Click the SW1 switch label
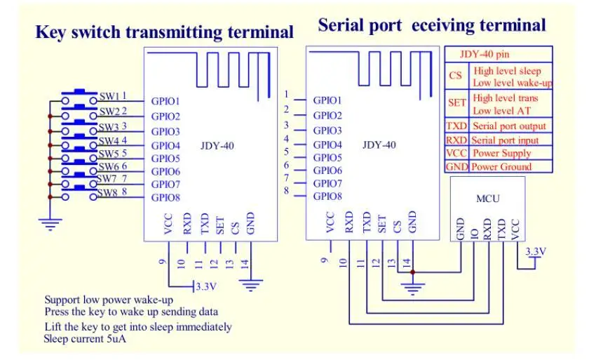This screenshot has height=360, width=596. coord(109,96)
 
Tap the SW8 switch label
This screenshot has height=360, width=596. coord(107,193)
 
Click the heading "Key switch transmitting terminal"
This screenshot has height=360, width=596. coord(164,32)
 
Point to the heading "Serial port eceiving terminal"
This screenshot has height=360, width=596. coord(431,26)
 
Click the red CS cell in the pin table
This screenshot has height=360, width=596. coord(456,76)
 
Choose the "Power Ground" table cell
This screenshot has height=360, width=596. coord(501,167)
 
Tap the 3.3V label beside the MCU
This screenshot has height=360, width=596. coord(534,251)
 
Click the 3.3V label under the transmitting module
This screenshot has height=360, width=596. coord(207,286)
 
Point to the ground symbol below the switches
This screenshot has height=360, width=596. coord(49,225)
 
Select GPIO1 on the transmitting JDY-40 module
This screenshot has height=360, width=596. coord(165,101)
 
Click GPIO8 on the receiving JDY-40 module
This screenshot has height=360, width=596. coord(327,196)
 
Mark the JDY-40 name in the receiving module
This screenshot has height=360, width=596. coord(379,145)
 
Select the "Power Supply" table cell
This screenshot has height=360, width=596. coord(501,154)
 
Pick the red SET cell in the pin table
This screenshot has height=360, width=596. coord(456,102)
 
